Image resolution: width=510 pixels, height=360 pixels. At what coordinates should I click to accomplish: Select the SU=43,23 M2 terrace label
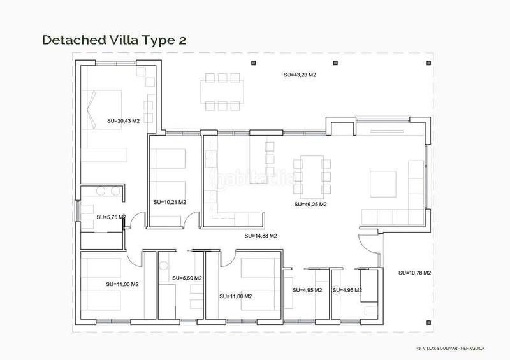point(300,75)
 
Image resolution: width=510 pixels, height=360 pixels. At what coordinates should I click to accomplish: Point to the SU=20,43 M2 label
point(123,120)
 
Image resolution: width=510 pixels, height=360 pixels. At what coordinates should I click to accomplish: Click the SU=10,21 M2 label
point(170,202)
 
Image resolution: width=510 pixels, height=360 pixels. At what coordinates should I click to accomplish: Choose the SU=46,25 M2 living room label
point(310,205)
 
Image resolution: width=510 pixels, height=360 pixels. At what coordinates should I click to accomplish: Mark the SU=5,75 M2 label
point(111,217)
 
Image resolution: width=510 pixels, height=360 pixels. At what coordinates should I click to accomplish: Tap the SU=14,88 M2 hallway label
point(261,236)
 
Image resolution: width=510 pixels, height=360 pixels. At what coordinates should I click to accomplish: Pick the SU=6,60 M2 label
point(187,278)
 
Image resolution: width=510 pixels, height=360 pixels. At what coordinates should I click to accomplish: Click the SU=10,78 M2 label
point(415,273)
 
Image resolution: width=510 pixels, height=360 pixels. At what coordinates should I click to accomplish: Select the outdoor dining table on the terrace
point(222,90)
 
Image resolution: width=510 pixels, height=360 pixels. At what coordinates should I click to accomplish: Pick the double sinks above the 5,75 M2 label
point(107,191)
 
